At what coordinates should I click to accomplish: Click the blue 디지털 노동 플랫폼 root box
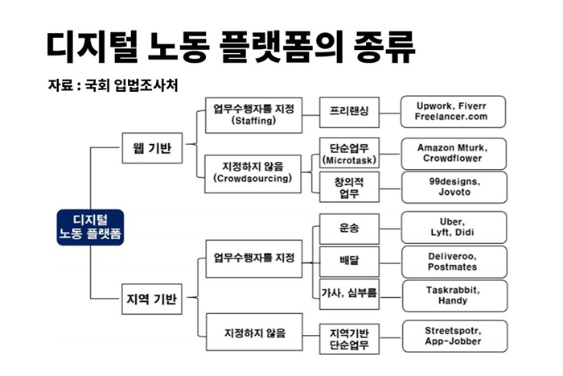pyautogui.click(x=90, y=228)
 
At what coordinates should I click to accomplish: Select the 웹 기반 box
pyautogui.click(x=152, y=148)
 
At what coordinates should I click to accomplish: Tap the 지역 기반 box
pyautogui.click(x=152, y=299)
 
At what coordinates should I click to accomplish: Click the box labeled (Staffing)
pyautogui.click(x=253, y=115)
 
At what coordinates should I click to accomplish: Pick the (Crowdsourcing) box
pyautogui.click(x=253, y=174)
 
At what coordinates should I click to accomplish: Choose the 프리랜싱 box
pyautogui.click(x=349, y=112)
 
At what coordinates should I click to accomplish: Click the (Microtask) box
pyautogui.click(x=349, y=153)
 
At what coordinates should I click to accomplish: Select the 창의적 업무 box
pyautogui.click(x=349, y=187)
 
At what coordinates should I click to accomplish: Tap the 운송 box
pyautogui.click(x=349, y=229)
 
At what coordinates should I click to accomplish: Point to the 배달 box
pyautogui.click(x=349, y=262)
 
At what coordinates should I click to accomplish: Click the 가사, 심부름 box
pyautogui.click(x=349, y=294)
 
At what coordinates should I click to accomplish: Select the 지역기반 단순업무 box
pyautogui.click(x=349, y=339)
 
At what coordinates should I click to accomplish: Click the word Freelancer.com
pyautogui.click(x=451, y=117)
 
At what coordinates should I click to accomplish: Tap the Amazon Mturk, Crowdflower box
pyautogui.click(x=454, y=154)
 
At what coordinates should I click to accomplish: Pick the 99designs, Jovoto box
pyautogui.click(x=454, y=188)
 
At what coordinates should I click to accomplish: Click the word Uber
pyautogui.click(x=452, y=221)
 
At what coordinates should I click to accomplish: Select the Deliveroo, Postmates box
pyautogui.click(x=454, y=262)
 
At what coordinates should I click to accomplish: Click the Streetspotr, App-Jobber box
pyautogui.click(x=455, y=336)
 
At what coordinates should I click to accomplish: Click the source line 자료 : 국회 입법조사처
pyautogui.click(x=113, y=85)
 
